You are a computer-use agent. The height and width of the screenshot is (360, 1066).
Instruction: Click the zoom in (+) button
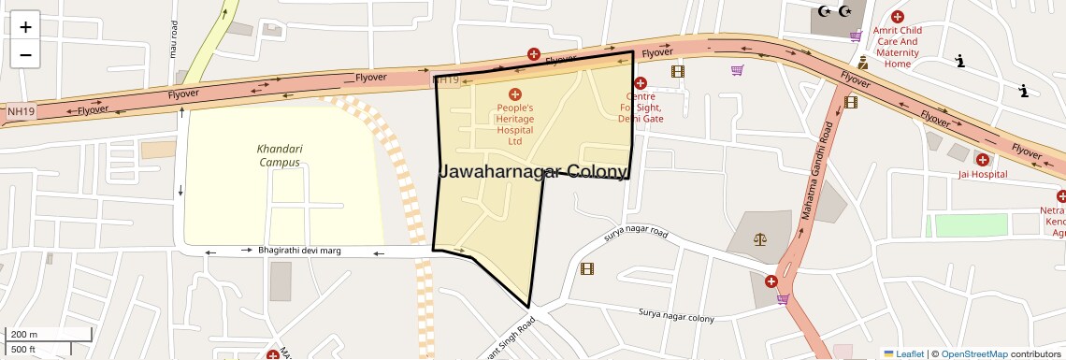click(x=25, y=26)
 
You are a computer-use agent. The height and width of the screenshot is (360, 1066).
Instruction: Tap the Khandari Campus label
click(x=280, y=155)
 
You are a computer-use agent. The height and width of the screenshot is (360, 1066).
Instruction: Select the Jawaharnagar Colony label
click(x=533, y=172)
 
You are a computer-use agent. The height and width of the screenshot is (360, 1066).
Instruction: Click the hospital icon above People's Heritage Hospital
click(x=514, y=94)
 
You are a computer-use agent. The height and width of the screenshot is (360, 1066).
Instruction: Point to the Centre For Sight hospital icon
click(x=641, y=83)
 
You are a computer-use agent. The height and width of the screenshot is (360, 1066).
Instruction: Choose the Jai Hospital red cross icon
click(x=982, y=159)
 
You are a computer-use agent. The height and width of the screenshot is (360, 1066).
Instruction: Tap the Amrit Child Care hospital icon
click(x=898, y=17)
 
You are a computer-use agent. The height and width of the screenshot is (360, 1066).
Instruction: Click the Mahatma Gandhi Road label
click(x=815, y=171)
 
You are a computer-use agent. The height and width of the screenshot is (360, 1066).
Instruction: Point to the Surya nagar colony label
click(x=676, y=315)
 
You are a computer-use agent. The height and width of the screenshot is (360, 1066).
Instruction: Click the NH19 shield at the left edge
click(x=18, y=111)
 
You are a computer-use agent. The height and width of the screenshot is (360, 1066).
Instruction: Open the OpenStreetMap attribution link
click(x=973, y=353)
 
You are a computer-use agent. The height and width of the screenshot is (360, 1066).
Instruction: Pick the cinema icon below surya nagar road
click(x=586, y=269)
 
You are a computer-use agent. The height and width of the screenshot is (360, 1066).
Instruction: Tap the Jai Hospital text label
click(x=982, y=174)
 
